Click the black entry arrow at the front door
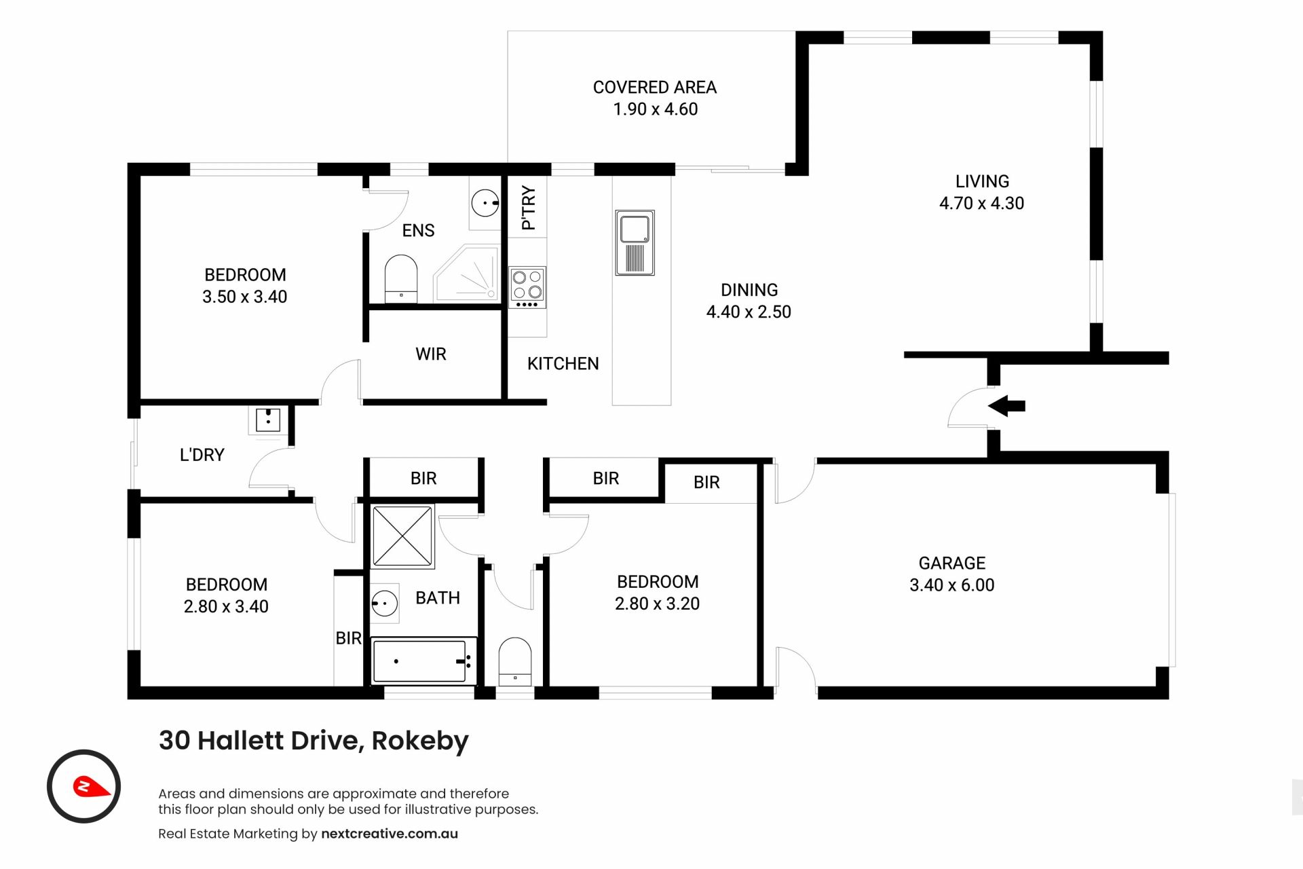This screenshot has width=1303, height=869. coord(1006,407)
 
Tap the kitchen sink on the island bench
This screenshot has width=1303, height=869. coord(635,242)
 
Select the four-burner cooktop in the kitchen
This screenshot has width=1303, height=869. coord(527,287)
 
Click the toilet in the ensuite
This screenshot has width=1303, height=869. coord(400,278)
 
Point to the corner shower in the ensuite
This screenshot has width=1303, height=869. coord(466,273)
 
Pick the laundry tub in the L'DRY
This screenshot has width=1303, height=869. coord(268,420)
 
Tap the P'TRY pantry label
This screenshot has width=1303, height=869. coord(528,208)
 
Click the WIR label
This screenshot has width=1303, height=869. coord(431,354)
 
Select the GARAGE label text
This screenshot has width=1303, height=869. coord(951,563)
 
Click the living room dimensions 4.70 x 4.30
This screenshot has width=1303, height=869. coord(981,203)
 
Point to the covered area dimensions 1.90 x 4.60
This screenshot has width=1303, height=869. coord(655,109)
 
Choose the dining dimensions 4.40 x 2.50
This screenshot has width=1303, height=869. coord(749,312)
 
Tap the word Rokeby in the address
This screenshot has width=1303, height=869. coord(420,741)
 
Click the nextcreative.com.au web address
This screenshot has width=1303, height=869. coord(390,834)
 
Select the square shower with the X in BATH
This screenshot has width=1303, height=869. coord(402,536)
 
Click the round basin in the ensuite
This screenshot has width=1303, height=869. coord(485,203)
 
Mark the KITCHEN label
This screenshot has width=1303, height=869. coord(563,364)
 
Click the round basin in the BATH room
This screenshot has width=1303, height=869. coord(384,603)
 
